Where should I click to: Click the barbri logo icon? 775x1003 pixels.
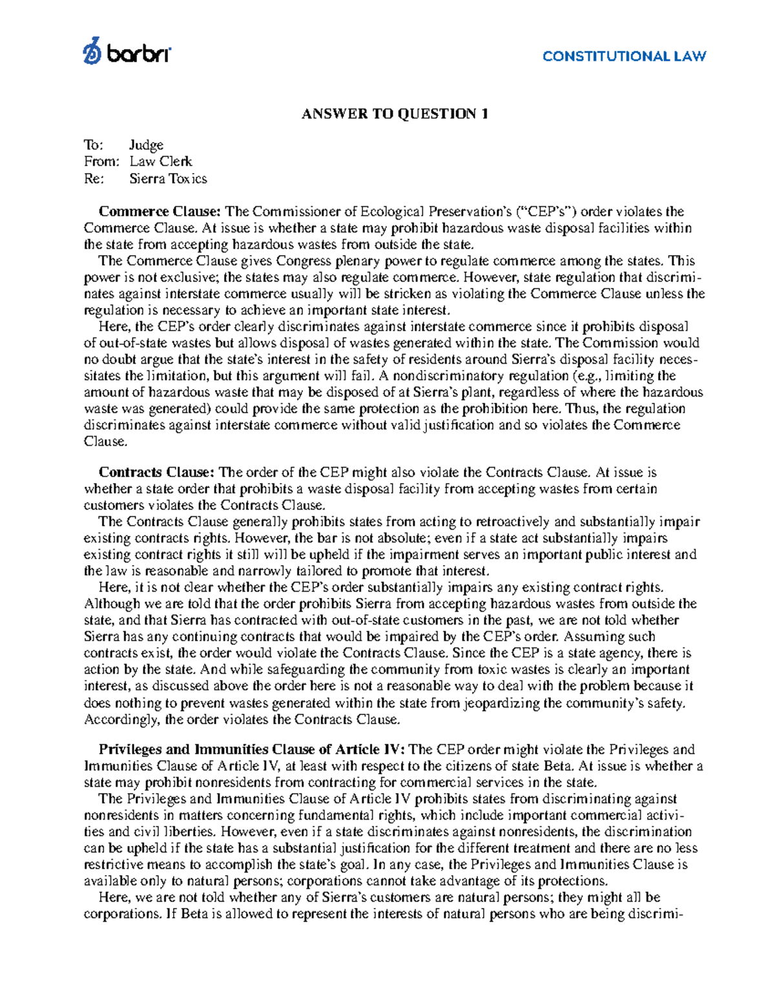point(92,51)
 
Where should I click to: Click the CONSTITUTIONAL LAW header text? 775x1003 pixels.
point(624,56)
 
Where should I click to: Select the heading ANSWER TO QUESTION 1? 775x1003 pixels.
point(395,114)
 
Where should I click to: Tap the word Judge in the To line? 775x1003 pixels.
point(146,145)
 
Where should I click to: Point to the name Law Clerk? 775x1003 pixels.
point(161,161)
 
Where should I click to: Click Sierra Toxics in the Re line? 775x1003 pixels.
point(168,178)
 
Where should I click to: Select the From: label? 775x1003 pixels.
point(101,161)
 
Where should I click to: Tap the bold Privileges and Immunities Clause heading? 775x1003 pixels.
point(252,749)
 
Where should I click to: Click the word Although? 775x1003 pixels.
point(112,604)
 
